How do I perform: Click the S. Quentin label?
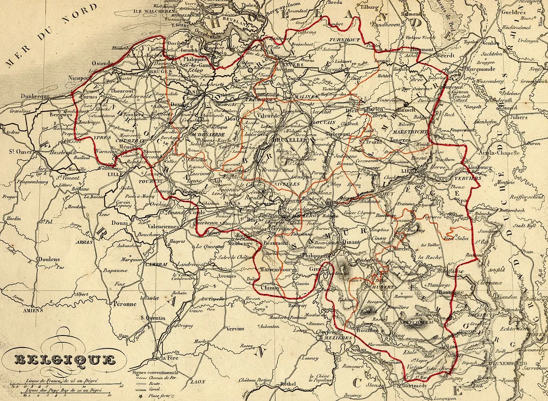pyautogui.click(x=153, y=318)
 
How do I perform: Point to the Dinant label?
pyautogui.click(x=351, y=242)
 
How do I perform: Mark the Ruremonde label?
pyautogui.click(x=481, y=68)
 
